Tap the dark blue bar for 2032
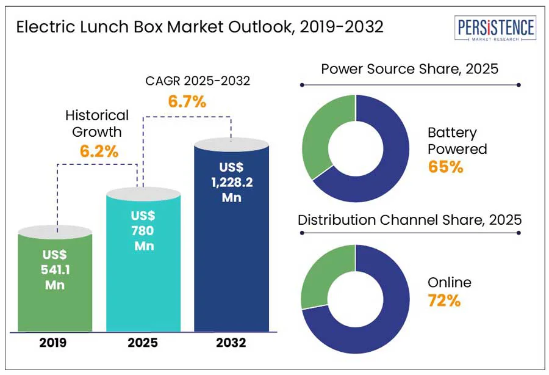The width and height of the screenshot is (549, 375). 231,238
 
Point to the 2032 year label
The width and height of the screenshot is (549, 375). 231,343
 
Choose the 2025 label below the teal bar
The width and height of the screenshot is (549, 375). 143,343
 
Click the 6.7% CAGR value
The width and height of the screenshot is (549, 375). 187,102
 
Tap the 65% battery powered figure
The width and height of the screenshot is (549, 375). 445,166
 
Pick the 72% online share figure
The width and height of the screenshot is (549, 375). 443,300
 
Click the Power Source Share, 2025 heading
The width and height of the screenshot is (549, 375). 409,68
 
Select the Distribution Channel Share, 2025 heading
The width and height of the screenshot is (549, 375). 409,220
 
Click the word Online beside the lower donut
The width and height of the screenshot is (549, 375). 450,282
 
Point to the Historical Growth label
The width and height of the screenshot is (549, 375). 97,123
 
